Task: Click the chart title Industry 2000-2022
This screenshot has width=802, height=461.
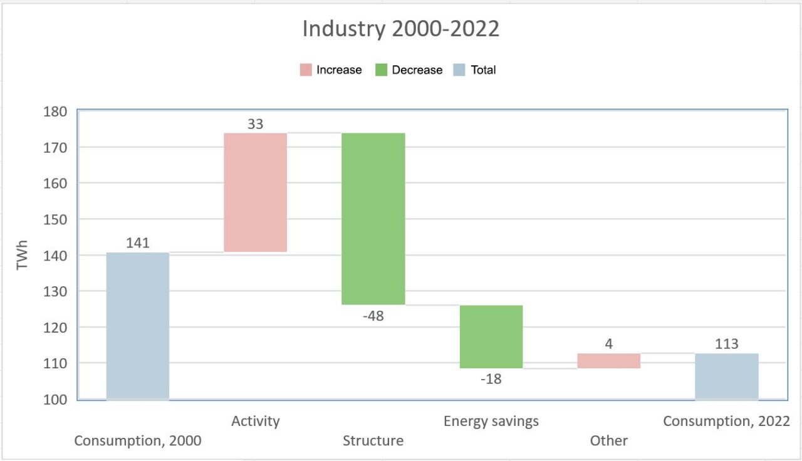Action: click(x=401, y=29)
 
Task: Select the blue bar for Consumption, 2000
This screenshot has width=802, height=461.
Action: click(x=138, y=326)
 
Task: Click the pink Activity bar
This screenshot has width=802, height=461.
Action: click(x=256, y=192)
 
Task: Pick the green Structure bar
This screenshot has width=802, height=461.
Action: click(x=373, y=219)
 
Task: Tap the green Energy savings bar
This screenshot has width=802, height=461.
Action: click(x=491, y=336)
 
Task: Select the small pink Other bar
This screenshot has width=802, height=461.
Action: click(x=609, y=361)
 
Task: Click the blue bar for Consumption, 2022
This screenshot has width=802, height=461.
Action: click(x=727, y=376)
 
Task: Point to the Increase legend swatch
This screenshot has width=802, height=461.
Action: click(x=305, y=70)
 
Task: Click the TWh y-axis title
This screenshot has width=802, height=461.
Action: click(x=23, y=256)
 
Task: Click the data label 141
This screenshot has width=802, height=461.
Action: click(x=138, y=243)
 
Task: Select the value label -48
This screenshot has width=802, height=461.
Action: click(x=373, y=316)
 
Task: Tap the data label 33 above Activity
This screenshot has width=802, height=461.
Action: click(x=256, y=124)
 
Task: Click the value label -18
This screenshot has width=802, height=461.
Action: click(x=491, y=379)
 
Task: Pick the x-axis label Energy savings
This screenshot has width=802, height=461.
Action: click(x=491, y=421)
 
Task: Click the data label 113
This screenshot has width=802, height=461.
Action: click(x=727, y=344)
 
